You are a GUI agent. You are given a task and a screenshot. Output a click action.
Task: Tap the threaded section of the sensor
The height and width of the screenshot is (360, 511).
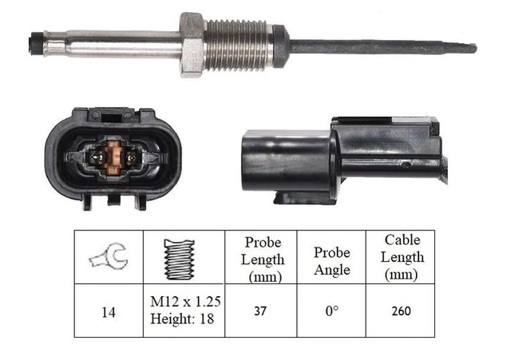(x=240, y=45)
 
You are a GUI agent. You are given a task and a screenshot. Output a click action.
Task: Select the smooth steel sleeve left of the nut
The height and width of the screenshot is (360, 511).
(x=112, y=42)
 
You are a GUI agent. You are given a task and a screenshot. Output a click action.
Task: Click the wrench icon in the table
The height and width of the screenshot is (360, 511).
(x=109, y=257)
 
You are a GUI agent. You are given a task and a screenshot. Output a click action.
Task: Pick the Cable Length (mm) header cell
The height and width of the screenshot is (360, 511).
(x=402, y=257)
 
